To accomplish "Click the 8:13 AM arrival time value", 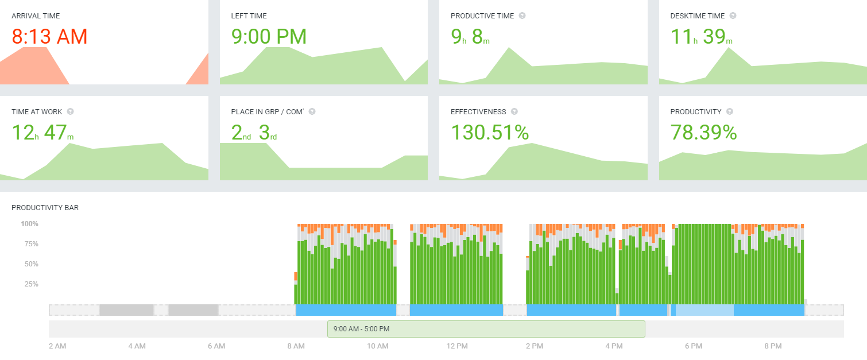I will pos(49,37).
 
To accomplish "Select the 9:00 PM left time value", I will pos(269,37).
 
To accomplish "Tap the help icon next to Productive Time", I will pos(522,16).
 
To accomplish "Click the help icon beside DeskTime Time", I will pos(733,16).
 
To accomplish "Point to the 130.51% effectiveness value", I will pos(489,133).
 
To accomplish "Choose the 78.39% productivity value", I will pos(703,133).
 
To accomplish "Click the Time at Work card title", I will pos(37,112).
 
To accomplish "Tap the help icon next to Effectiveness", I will pos(514,112).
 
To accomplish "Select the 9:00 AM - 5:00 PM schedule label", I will pos(361,329).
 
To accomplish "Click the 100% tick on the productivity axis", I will pos(30,224).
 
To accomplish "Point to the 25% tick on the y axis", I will pos(31,284).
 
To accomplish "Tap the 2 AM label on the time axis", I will pos(57,346).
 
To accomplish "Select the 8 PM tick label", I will pos(773,346).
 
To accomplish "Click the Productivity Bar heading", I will pos(45,208).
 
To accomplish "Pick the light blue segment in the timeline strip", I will pos(705,310).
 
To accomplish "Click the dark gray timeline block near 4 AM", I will pos(126,310).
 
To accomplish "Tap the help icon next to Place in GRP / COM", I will pos(312,112).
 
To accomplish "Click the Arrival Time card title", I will pos(36,16).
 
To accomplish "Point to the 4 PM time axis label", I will pos(614,346).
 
